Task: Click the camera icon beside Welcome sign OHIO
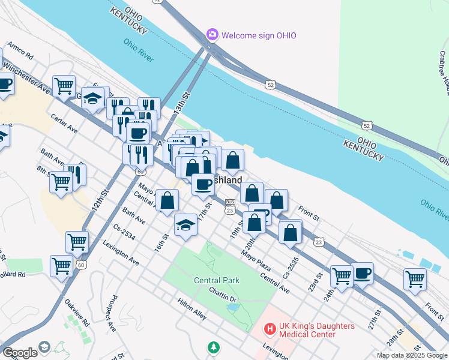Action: [212, 35]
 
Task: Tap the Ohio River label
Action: [139, 50]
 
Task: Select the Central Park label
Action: [216, 280]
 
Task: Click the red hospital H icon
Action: [270, 329]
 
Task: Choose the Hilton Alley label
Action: [191, 306]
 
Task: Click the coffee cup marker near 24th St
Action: [363, 274]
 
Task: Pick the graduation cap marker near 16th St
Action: [186, 225]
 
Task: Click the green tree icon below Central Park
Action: [213, 347]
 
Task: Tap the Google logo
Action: [20, 353]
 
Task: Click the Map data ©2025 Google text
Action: [412, 355]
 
